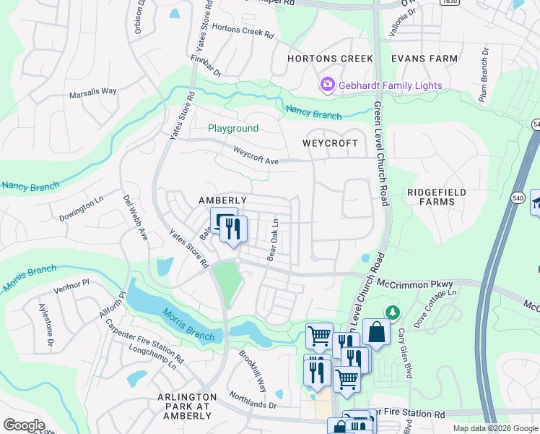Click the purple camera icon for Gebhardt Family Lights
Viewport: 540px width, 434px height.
328,85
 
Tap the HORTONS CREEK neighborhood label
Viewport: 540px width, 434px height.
330,59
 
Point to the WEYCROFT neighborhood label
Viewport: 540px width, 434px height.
330,143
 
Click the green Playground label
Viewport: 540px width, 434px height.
233,128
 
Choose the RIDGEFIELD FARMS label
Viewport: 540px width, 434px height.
436,197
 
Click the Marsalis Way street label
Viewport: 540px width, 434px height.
92,92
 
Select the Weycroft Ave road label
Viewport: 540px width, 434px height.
256,154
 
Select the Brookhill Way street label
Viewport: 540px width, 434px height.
253,370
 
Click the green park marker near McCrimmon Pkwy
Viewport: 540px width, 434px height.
392,312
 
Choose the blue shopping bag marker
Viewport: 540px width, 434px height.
376,332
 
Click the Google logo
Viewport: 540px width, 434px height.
24,425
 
